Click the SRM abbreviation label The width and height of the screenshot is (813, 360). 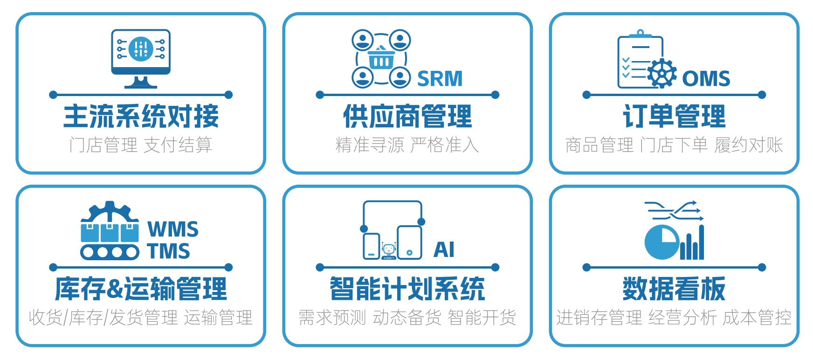coord(440,79)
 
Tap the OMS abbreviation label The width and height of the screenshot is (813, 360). coord(706,79)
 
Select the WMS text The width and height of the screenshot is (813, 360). coord(173,229)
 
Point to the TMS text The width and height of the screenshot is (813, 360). coord(169,251)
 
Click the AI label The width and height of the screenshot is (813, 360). coord(444,249)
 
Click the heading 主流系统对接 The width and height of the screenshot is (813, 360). coord(141,117)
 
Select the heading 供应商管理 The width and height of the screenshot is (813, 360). coord(407,117)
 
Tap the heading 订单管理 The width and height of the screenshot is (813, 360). coord(674,117)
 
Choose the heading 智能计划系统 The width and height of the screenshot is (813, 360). coord(407,289)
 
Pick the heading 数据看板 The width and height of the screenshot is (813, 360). coord(674,289)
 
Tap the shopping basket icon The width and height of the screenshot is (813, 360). coord(381,59)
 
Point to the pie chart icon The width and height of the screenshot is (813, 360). coord(661,242)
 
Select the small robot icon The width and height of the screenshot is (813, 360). coord(389,250)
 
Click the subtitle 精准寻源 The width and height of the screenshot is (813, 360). coord(370,145)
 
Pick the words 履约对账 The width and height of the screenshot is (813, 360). coord(749,145)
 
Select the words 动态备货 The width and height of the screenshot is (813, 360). coord(407,318)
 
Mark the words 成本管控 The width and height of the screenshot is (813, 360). coord(757,318)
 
